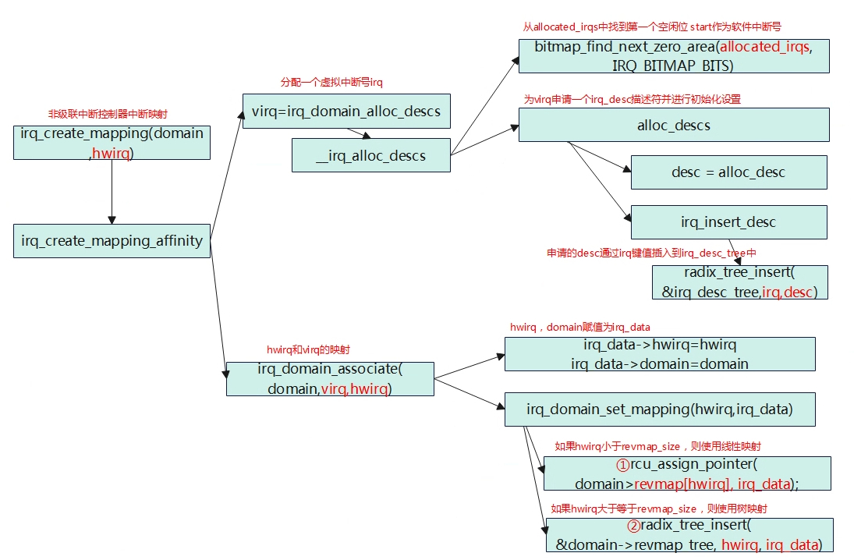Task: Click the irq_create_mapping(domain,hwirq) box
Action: coord(112,142)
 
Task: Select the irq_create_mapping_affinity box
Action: coord(112,241)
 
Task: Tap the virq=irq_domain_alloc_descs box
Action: coord(346,112)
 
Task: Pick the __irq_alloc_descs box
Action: coord(370,155)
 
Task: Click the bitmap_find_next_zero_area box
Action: coord(673,56)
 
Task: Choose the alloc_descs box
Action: coord(673,125)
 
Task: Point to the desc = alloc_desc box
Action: coord(728,172)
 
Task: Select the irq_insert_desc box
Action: coord(728,222)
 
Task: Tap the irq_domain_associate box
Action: coord(330,378)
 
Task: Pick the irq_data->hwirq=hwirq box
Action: coord(660,354)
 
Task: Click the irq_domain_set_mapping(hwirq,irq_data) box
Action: coord(660,409)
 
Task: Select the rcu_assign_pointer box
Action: coord(687,473)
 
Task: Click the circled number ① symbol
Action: coord(623,465)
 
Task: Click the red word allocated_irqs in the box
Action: coord(765,47)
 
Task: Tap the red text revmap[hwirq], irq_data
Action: coord(713,484)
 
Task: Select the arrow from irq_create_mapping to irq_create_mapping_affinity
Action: coord(112,192)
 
